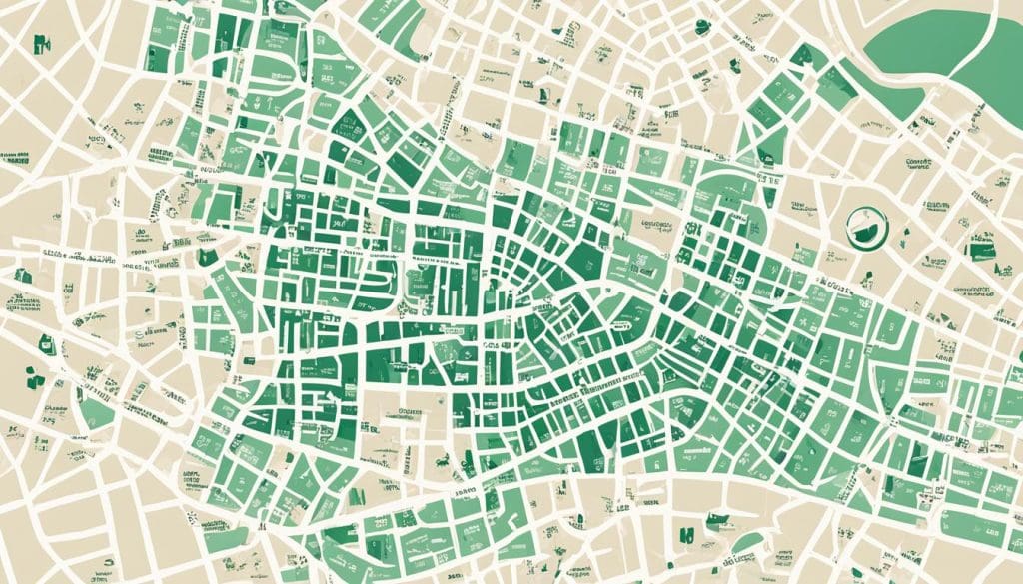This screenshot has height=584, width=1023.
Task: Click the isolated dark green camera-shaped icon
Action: (x=42, y=43)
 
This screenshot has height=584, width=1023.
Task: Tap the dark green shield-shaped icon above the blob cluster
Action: (x=44, y=342)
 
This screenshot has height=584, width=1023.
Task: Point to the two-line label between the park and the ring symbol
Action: (x=917, y=165)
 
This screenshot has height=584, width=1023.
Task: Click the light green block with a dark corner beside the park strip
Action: (x=769, y=150)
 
